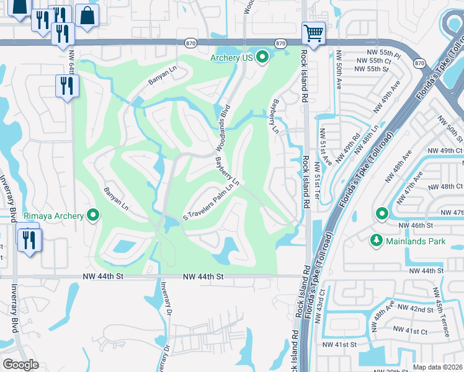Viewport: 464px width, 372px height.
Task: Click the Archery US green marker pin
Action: [262, 58]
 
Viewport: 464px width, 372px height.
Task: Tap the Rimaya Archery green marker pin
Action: [94, 215]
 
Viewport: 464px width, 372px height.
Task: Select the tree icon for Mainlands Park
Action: [376, 240]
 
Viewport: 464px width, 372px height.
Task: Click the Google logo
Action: [20, 365]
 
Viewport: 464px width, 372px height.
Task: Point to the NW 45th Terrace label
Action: [444, 321]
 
